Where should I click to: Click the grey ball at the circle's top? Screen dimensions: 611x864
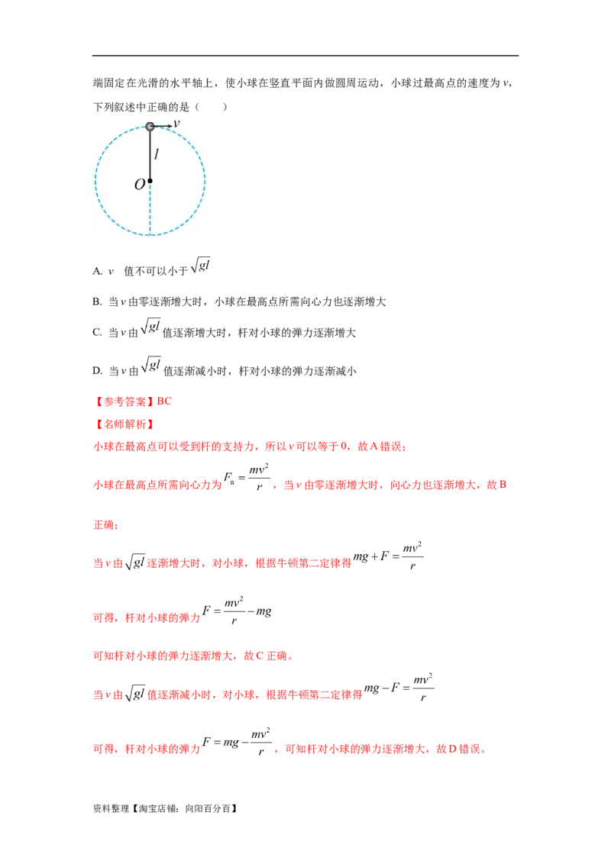pos(150,126)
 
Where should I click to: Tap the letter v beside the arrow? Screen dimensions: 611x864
pos(176,123)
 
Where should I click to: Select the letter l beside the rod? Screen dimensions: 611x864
pos(157,154)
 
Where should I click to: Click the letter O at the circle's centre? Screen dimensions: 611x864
pos(139,184)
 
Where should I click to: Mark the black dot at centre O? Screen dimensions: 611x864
pos(150,181)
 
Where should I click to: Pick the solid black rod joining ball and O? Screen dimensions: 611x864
pos(150,153)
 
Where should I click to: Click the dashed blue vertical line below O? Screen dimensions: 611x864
pos(150,210)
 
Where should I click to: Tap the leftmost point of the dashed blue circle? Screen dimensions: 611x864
pos(95,181)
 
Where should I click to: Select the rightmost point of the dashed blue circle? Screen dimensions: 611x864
pos(205,181)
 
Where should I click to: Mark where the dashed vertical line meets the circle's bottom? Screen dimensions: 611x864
pos(150,235)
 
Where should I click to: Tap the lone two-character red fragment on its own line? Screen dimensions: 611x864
pos(105,525)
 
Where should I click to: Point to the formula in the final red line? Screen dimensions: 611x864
pos(238,743)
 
